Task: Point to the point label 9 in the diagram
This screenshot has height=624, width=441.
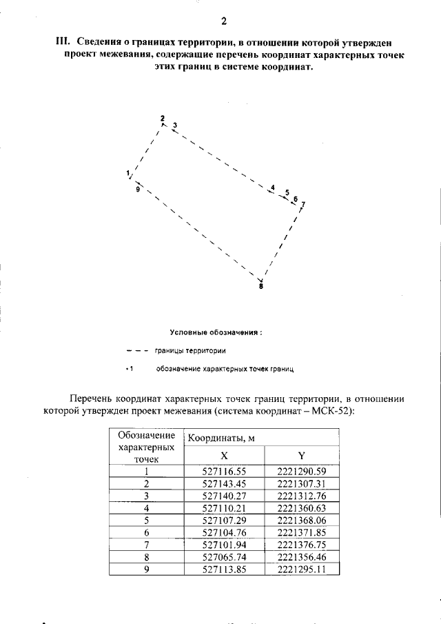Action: [x=138, y=188]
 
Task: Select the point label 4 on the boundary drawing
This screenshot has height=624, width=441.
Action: [x=273, y=188]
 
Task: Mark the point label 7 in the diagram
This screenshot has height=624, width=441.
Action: [x=302, y=205]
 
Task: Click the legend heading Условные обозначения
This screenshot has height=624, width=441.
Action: [x=216, y=332]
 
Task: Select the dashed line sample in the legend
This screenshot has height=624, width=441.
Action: [x=137, y=350]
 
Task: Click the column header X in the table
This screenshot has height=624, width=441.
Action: [x=224, y=456]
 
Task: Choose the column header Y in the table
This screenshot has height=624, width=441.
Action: [x=300, y=456]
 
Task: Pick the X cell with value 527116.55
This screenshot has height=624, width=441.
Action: [x=224, y=472]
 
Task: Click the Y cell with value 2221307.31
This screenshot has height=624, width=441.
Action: [x=300, y=484]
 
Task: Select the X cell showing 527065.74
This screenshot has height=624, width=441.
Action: [x=224, y=557]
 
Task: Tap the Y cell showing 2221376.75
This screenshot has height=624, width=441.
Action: [x=300, y=545]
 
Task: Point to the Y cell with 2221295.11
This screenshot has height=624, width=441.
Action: [x=300, y=570]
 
